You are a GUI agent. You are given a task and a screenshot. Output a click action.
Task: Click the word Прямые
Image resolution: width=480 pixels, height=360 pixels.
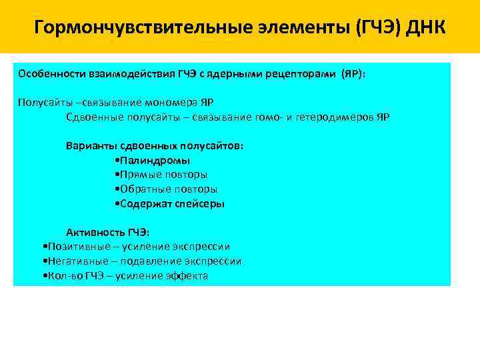137,175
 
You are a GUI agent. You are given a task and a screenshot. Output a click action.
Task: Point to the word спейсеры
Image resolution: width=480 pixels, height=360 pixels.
200,204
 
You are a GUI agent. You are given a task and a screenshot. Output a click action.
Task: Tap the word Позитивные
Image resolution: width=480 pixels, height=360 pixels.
73,247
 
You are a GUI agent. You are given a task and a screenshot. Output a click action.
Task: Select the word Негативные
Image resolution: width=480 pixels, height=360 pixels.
73,261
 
